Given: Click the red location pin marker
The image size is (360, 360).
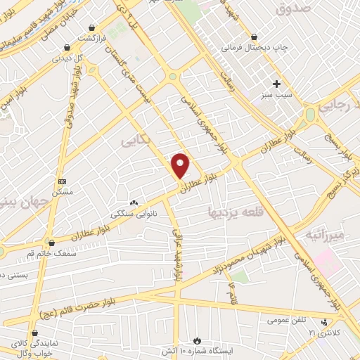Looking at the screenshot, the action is [x=181, y=166].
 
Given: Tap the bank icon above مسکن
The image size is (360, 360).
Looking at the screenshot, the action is [x=62, y=181].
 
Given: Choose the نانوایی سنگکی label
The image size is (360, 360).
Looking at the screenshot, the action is [x=131, y=210].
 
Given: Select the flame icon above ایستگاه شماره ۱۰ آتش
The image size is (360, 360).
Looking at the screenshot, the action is [x=198, y=340].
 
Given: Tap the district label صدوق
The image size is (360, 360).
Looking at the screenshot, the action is [x=293, y=9].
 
